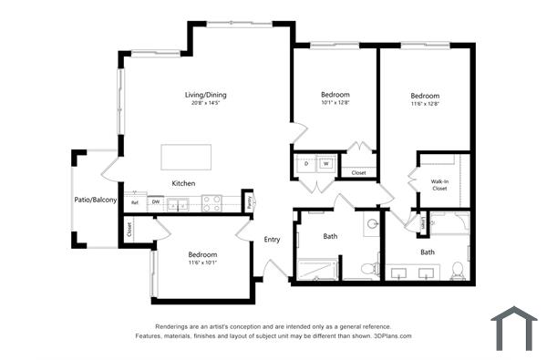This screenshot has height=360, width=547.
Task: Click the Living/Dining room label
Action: pos(205,95)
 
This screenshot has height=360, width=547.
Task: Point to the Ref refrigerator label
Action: pos(135,202)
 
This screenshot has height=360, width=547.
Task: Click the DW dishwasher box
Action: pos(156,202)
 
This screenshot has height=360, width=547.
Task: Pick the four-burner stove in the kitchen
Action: pos(212,202)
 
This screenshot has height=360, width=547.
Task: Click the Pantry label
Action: pos(251,201)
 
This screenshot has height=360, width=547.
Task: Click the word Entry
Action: pos(272,240)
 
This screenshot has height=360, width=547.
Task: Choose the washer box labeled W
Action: pos(325,164)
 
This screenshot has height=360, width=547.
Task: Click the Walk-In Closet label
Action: pos(439,185)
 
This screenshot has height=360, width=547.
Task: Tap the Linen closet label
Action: pos(424,222)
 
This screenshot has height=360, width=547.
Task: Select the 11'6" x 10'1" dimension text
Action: pos(202,262)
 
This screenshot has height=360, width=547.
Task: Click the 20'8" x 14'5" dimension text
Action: pos(205,103)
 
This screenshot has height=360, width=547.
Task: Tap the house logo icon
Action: pos(514,328)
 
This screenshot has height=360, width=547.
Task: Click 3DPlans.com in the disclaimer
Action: pos(390,335)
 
